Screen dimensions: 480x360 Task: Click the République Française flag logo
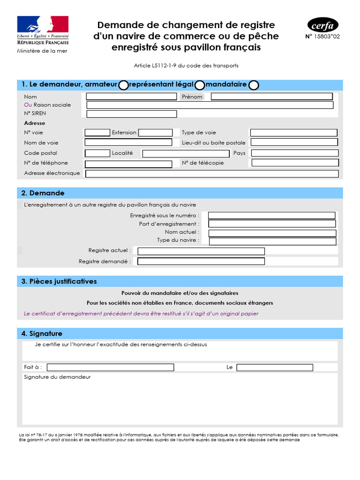click(43, 24)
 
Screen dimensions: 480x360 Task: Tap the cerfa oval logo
click(323, 25)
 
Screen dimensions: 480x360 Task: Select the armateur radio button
click(123, 85)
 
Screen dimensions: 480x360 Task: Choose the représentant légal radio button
click(200, 85)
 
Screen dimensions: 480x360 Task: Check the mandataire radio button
click(253, 85)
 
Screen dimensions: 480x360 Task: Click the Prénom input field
click(272, 97)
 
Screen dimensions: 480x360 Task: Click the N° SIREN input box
click(132, 114)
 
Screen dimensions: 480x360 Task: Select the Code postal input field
click(97, 153)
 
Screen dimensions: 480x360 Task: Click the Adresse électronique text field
click(212, 174)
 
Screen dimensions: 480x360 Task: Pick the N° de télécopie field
click(295, 163)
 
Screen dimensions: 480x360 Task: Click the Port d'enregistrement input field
click(272, 224)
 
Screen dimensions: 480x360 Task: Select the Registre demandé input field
click(201, 262)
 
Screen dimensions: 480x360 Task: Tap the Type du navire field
click(272, 241)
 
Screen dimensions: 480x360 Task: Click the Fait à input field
click(110, 367)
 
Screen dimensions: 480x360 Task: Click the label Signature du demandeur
click(57, 377)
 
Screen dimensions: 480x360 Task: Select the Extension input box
click(156, 133)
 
